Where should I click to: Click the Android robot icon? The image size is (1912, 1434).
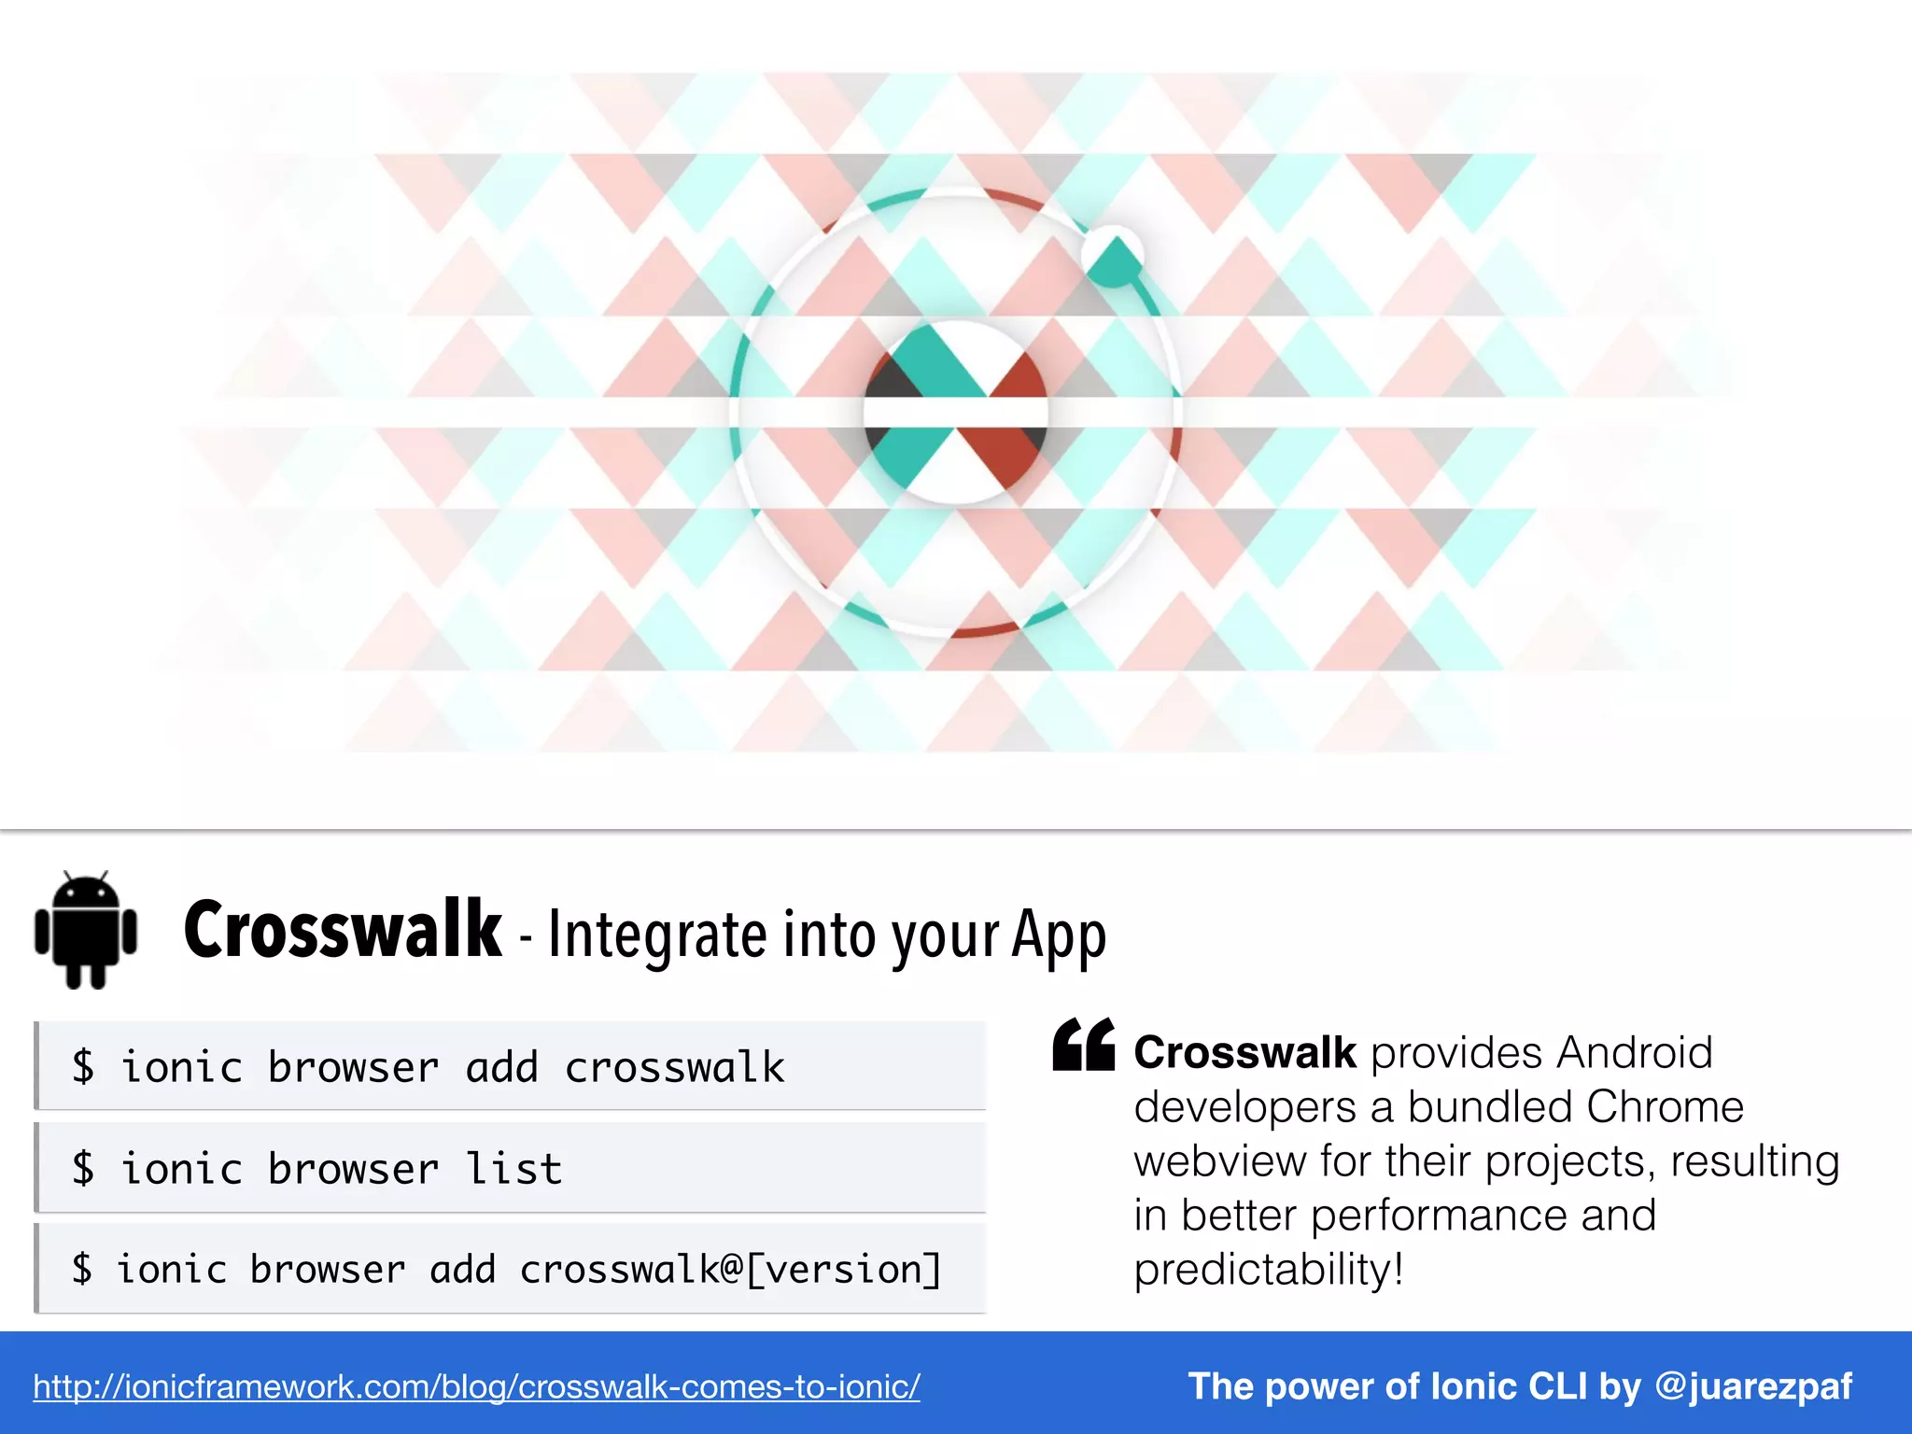click(86, 930)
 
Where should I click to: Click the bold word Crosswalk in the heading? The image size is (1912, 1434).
click(343, 930)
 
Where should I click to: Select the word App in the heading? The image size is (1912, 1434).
click(1059, 935)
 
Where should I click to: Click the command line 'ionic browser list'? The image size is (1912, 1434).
click(341, 1169)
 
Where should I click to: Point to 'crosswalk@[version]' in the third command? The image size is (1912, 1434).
click(730, 1270)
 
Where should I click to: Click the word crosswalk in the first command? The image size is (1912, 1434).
click(674, 1067)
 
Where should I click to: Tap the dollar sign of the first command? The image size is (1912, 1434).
click(83, 1067)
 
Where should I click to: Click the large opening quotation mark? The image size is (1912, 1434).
click(1083, 1045)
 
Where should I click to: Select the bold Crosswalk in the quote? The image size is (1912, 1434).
click(1244, 1053)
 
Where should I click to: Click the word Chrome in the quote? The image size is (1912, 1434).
click(1665, 1107)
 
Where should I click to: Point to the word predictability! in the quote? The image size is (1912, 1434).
click(1269, 1270)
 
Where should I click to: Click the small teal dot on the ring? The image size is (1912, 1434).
click(1113, 256)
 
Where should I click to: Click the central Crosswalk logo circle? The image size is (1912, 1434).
click(955, 412)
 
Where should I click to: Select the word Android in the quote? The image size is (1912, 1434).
click(1634, 1053)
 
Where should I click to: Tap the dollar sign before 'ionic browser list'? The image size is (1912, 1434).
click(83, 1169)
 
